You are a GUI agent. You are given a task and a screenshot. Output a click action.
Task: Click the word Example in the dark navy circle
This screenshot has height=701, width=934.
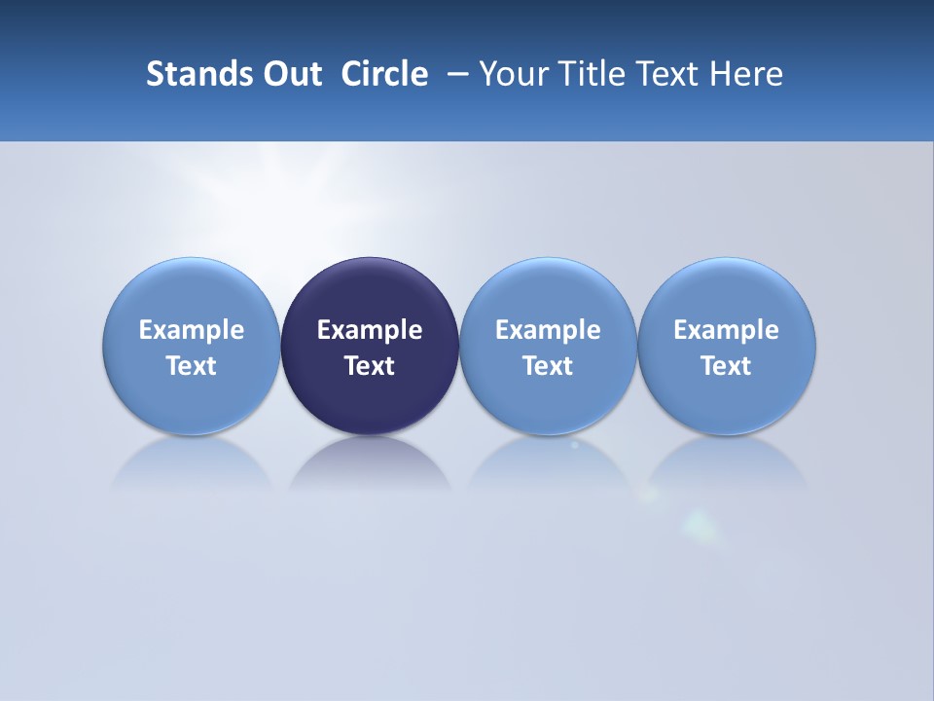[x=370, y=330]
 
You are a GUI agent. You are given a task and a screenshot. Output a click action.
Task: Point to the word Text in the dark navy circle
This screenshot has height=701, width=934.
[x=370, y=366]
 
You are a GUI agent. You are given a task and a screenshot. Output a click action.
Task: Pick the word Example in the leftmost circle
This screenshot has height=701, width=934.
[x=192, y=330]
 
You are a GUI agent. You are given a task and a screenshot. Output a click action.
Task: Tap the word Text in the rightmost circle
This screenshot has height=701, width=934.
[x=727, y=366]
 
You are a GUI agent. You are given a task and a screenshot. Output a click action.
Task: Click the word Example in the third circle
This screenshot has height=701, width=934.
[x=548, y=330]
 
